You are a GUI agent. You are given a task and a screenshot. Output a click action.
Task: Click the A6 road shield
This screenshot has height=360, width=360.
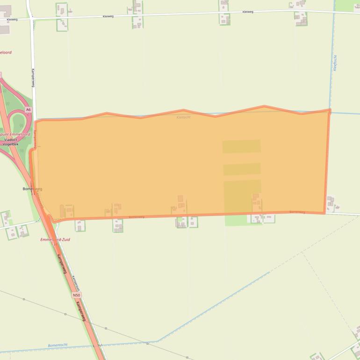(29, 109)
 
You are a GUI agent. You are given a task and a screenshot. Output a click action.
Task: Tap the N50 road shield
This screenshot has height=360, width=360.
(77, 295)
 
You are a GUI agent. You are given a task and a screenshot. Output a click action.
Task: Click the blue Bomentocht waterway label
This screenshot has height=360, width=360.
(58, 345)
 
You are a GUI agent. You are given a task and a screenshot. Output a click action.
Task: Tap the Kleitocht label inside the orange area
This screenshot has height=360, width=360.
(184, 117)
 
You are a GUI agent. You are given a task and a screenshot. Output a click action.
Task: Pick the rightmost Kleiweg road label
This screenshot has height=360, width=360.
(248, 12)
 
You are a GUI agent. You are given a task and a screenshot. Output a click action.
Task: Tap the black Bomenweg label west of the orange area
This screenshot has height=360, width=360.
(32, 189)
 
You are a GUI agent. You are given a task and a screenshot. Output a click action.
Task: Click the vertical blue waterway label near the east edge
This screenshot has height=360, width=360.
(335, 63)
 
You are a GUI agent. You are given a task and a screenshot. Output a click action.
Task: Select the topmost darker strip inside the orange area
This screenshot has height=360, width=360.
(241, 146)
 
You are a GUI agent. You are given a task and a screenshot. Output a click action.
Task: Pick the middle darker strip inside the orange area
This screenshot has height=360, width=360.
(242, 169)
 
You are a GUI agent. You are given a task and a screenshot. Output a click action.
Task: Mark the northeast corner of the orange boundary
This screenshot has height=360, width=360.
(330, 111)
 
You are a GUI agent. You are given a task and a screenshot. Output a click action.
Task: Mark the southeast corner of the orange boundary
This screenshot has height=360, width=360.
(324, 213)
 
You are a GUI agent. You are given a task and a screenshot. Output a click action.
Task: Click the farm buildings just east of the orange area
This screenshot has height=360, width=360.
(331, 203)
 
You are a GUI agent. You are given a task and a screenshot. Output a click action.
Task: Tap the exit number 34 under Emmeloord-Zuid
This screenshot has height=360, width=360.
(55, 244)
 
